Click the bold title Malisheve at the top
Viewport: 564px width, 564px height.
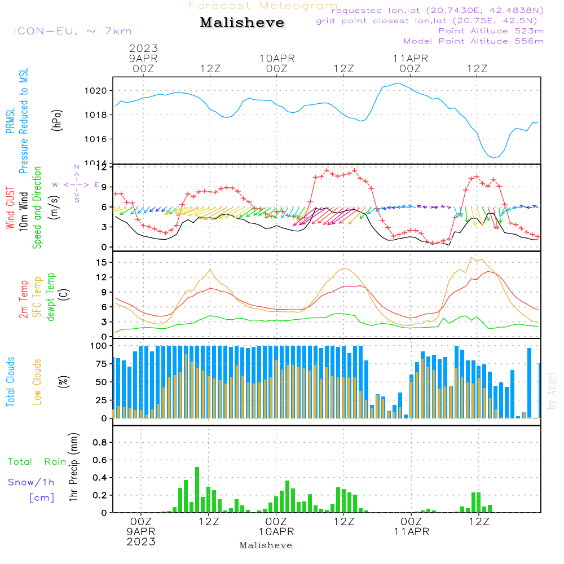point(242,23)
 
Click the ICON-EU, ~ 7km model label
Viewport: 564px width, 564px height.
point(72,31)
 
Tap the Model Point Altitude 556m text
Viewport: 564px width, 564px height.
point(474,41)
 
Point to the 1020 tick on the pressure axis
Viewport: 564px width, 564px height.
point(94,90)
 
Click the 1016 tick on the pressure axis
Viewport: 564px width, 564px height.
point(94,139)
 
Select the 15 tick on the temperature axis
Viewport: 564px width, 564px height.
point(102,262)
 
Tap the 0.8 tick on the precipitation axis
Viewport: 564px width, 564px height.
point(99,443)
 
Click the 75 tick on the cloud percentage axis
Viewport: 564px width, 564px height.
point(99,364)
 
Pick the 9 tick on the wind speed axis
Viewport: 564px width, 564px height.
point(104,187)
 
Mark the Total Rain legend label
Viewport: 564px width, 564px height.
point(37,462)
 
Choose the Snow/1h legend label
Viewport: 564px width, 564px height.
point(32,482)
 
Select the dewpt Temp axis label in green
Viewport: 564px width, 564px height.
point(51,297)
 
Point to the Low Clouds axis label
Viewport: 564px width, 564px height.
point(37,381)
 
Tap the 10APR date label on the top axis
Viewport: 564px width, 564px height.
point(277,58)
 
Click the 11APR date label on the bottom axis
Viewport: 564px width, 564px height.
point(411,532)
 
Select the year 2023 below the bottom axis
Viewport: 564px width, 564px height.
point(141,542)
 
